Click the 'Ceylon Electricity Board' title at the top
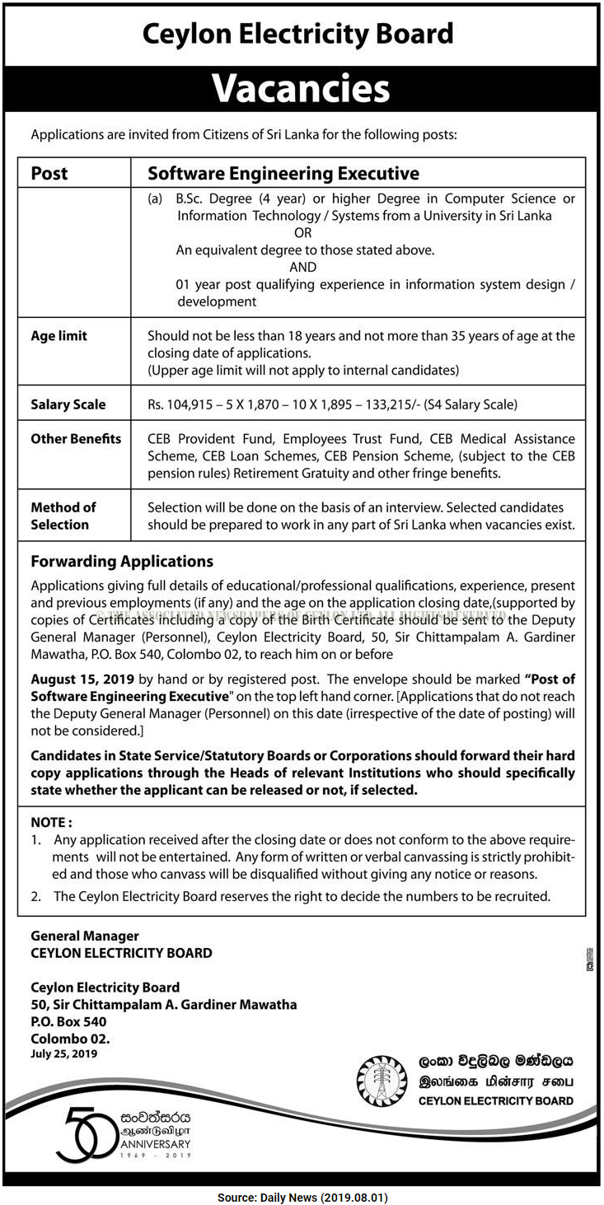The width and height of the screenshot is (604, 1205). tap(298, 34)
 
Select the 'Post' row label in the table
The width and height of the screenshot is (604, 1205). tap(49, 174)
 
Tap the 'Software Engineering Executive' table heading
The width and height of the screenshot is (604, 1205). tap(283, 174)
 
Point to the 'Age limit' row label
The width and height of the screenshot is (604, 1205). tap(59, 336)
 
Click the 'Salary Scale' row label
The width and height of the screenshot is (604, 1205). tap(68, 404)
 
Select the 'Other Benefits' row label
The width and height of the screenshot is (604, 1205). tap(76, 439)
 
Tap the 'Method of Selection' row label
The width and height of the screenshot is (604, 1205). tap(63, 516)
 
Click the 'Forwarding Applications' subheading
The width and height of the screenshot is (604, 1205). tap(122, 562)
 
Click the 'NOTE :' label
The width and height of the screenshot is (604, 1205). tap(51, 822)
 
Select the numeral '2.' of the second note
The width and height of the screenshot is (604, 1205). tap(36, 896)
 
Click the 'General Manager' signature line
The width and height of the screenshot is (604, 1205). tap(85, 936)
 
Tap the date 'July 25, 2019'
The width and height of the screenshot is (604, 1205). tap(64, 1053)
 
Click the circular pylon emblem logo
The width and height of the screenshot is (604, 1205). tap(382, 1081)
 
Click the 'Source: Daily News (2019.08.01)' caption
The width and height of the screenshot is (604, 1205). tap(302, 1197)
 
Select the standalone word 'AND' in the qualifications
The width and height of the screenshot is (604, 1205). tap(302, 267)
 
